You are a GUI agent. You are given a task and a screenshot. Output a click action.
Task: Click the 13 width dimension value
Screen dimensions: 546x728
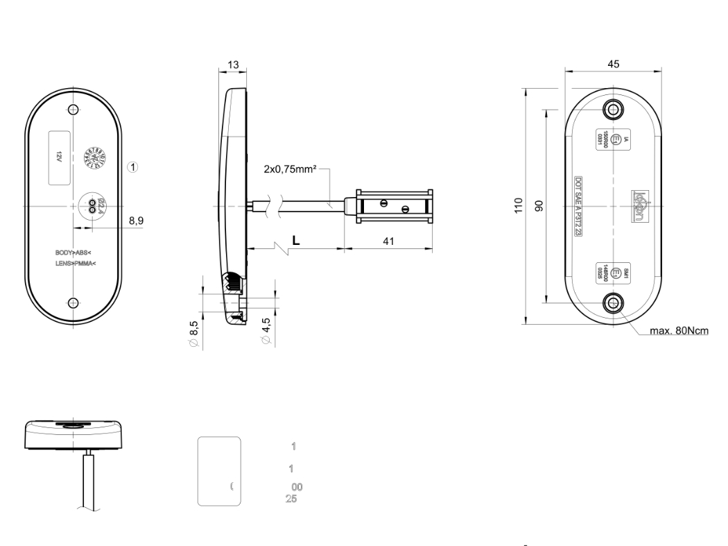pyautogui.click(x=233, y=65)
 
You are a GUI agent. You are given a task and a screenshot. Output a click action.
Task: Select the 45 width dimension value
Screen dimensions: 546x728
pyautogui.click(x=613, y=63)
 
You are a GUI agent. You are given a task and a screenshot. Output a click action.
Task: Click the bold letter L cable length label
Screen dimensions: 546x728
pyautogui.click(x=296, y=239)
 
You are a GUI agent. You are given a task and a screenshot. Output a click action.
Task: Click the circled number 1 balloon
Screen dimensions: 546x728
pyautogui.click(x=134, y=167)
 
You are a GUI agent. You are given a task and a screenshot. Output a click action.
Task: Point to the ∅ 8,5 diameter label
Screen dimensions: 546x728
pyautogui.click(x=194, y=330)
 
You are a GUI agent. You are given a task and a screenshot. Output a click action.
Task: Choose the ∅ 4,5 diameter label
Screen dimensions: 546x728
pyautogui.click(x=267, y=330)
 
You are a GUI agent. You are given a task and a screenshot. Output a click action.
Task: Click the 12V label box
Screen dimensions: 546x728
pyautogui.click(x=59, y=157)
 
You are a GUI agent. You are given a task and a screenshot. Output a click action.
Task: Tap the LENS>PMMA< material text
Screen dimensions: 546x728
pyautogui.click(x=76, y=264)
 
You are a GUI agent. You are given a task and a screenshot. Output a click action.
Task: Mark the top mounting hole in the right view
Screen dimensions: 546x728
pyautogui.click(x=613, y=108)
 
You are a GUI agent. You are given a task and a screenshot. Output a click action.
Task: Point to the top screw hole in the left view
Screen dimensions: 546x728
pyautogui.click(x=74, y=110)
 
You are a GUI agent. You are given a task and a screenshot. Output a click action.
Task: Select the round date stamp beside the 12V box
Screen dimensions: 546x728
pyautogui.click(x=93, y=157)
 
